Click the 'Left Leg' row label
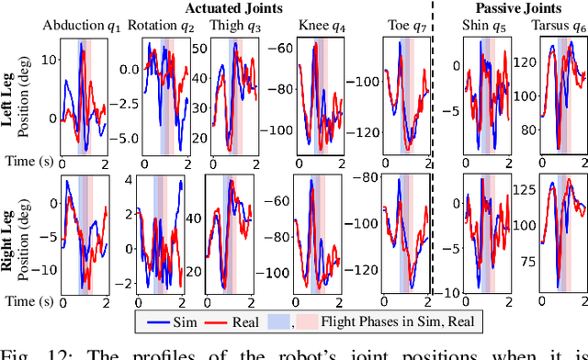13,98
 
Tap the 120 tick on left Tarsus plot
523,62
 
